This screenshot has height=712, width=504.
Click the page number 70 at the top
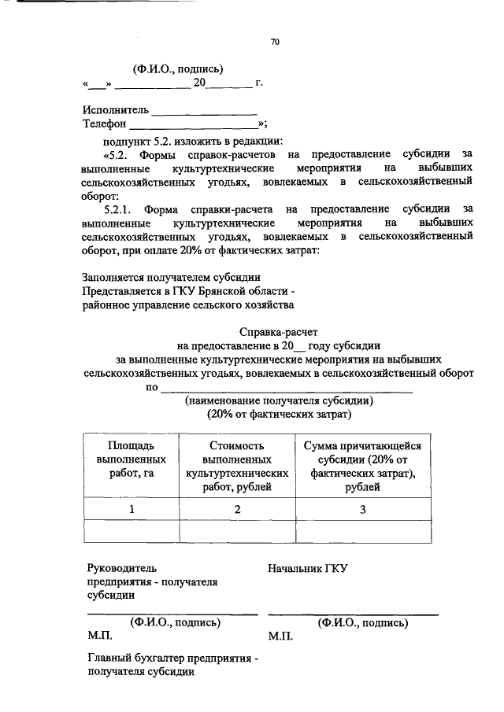[275, 42]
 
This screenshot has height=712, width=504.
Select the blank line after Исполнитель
[204, 112]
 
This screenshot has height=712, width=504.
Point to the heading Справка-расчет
[279, 331]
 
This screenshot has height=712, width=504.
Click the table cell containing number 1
[132, 509]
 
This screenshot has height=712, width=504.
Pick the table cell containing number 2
[236, 509]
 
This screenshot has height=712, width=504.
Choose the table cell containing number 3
[362, 509]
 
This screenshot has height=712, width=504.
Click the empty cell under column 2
[236, 533]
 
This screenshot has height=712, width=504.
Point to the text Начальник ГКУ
[307, 567]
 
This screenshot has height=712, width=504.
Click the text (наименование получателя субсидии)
[279, 400]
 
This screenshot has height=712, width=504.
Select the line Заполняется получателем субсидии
[172, 277]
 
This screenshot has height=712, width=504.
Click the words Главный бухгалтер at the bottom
[133, 657]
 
